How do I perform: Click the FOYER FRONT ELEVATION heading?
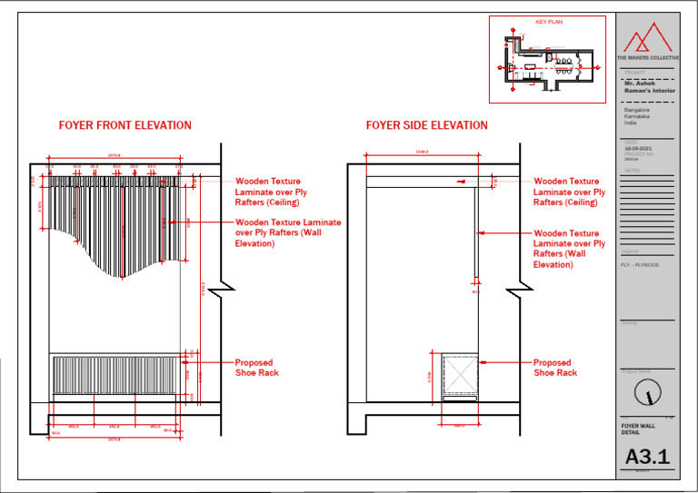(125, 125)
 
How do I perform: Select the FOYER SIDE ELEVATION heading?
(426, 125)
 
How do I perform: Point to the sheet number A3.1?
(647, 458)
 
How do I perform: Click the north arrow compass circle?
(647, 392)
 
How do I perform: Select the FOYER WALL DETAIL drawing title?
(638, 428)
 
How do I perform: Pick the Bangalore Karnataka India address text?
(636, 117)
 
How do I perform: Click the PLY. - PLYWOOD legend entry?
(641, 264)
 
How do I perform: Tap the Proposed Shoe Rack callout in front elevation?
(257, 368)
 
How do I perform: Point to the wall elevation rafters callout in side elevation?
(569, 249)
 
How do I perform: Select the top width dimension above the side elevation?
(422, 153)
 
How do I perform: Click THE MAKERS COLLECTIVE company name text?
(647, 57)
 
